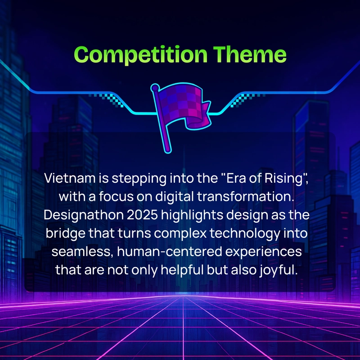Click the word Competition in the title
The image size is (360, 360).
(141, 55)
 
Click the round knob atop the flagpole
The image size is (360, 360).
(155, 87)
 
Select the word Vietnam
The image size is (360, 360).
(70, 178)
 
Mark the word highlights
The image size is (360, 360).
(192, 216)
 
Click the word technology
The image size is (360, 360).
(245, 234)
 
